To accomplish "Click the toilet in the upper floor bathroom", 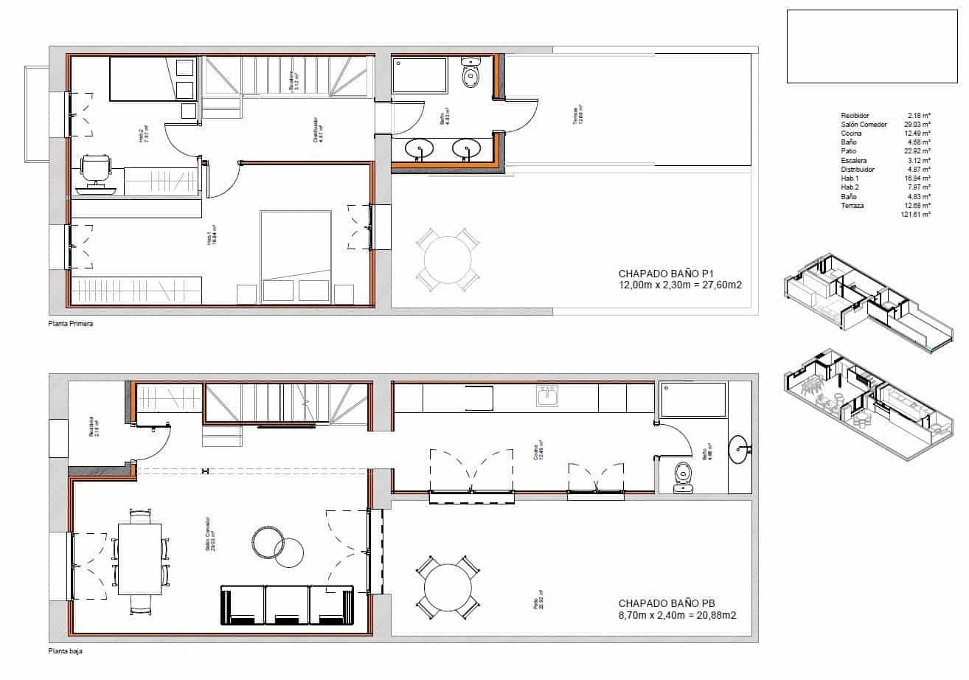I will click(x=470, y=74).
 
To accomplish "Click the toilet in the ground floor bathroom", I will click(x=684, y=476).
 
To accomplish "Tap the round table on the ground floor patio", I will click(x=448, y=588).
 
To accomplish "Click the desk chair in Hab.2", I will click(x=96, y=167).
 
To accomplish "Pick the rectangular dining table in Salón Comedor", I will click(x=140, y=558).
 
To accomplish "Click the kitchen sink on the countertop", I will click(x=547, y=398).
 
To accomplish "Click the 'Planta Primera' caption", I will click(x=70, y=324).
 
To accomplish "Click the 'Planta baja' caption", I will click(x=65, y=652).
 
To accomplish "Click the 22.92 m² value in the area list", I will click(x=919, y=151).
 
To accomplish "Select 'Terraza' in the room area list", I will click(x=852, y=205).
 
